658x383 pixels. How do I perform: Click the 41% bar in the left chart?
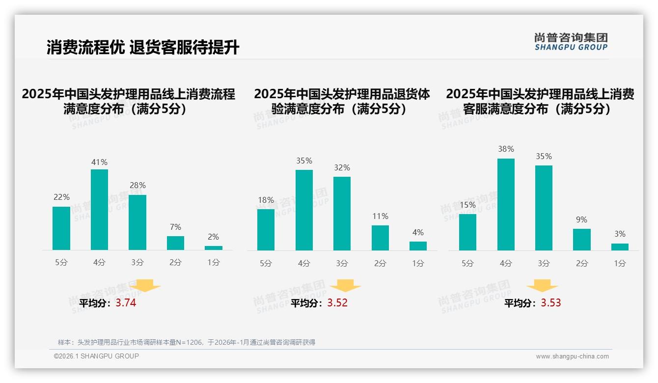click(99, 210)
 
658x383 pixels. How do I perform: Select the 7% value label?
click(175, 227)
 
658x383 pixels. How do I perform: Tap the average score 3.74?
click(126, 303)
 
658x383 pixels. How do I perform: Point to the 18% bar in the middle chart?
click(266, 230)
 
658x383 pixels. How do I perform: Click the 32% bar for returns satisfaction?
click(342, 214)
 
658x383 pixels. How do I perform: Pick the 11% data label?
click(380, 216)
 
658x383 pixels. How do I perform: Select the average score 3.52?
click(337, 303)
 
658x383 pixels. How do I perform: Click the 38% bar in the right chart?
click(506, 204)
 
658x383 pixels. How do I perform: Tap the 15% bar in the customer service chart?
click(467, 232)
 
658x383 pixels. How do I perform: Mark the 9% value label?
click(581, 219)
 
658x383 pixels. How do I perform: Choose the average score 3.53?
click(551, 303)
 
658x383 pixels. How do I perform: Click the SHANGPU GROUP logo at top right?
click(571, 42)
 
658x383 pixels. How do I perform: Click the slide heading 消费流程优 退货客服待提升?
click(143, 47)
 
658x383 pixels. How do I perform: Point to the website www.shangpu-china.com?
click(572, 356)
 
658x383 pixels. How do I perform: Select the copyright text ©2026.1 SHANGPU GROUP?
click(96, 356)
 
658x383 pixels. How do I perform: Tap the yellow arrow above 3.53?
click(542, 286)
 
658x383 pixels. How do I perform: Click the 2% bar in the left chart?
click(213, 248)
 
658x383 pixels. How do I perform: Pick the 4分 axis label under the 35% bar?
click(303, 263)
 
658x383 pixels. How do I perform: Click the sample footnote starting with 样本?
click(187, 342)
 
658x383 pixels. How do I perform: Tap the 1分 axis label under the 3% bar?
click(620, 263)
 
